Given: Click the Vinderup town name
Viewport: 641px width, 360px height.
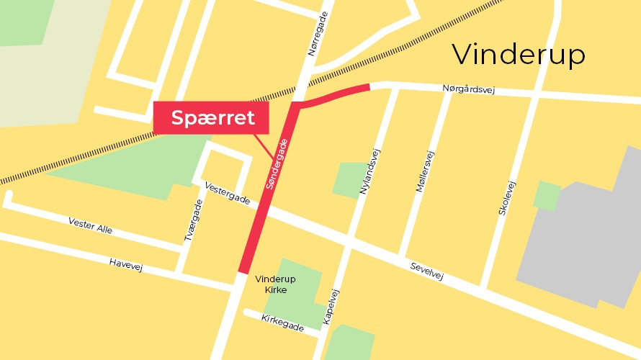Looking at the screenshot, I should coord(519,55).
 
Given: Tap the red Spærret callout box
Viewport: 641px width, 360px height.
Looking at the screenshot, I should coord(212,117).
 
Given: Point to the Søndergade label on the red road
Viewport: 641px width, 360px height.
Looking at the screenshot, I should coord(280,165).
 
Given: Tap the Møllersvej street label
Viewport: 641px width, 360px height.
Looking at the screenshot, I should coord(426,171).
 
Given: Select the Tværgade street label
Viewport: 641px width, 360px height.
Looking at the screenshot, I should coord(192,220).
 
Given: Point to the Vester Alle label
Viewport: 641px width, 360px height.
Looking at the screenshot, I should coord(91,225).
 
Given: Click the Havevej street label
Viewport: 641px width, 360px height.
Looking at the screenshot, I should coord(126,265).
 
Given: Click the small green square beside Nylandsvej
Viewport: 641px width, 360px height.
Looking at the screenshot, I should coord(350,179).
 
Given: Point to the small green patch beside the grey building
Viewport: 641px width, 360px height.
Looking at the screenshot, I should coord(547,195).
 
